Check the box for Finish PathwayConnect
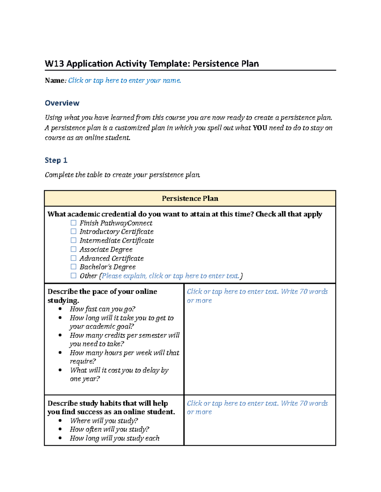(x=73, y=223)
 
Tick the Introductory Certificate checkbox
(x=73, y=232)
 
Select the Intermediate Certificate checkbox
(x=73, y=240)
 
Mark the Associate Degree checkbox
(x=73, y=249)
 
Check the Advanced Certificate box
(x=73, y=258)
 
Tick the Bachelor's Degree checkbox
(x=73, y=267)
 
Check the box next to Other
(x=73, y=276)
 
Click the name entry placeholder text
(x=124, y=80)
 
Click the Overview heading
(x=62, y=103)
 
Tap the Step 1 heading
(x=56, y=160)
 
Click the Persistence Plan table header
(x=190, y=199)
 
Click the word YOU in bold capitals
(x=260, y=128)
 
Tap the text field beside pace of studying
(x=257, y=296)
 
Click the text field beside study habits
(x=257, y=407)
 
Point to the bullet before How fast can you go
(x=60, y=309)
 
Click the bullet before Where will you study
(x=60, y=421)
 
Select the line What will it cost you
(x=119, y=370)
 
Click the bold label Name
(x=55, y=80)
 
